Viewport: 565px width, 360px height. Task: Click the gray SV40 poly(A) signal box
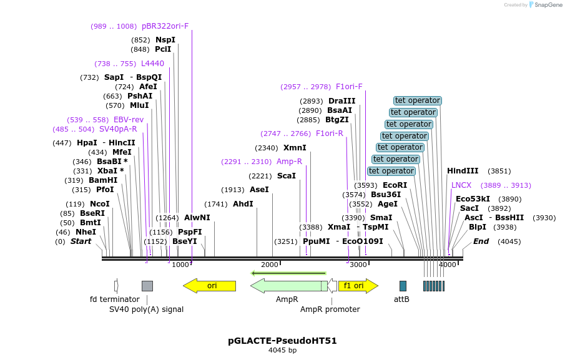147,286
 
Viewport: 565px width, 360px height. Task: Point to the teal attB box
403,286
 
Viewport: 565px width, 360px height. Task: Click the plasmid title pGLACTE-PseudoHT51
282,341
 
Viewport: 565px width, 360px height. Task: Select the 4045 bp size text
282,350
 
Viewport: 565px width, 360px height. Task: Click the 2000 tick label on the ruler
269,265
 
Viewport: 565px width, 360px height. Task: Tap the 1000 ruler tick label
180,265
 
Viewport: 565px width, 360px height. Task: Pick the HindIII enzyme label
463,170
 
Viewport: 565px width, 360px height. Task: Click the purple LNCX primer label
461,185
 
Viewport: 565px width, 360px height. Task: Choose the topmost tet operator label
418,100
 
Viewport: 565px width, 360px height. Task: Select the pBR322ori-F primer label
165,26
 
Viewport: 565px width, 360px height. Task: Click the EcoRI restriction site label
395,185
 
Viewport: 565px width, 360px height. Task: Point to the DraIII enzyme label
341,101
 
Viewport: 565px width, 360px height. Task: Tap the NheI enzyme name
86,231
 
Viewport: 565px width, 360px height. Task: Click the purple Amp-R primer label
289,162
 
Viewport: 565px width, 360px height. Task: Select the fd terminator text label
115,299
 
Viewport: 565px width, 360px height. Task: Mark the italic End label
481,241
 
